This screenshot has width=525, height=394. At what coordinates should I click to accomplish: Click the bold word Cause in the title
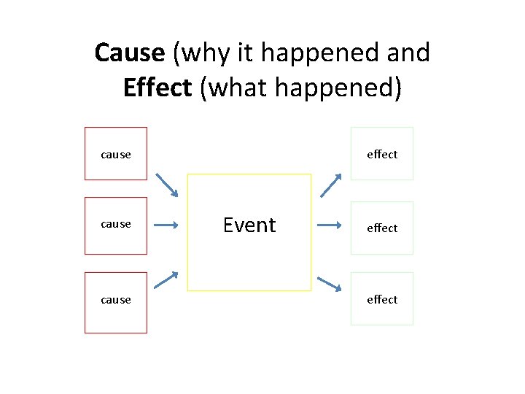click(130, 53)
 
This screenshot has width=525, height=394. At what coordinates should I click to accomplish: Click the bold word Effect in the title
click(157, 88)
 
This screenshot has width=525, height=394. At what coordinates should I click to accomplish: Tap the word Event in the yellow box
click(249, 225)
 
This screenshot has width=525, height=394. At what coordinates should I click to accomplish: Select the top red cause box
click(116, 153)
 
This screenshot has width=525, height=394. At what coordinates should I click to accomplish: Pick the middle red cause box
click(116, 225)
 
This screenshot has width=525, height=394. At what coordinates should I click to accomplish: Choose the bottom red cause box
click(116, 302)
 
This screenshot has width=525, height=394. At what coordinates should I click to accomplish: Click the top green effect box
click(382, 153)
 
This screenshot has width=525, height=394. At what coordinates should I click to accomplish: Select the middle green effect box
click(382, 228)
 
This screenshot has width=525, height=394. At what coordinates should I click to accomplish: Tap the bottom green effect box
click(382, 298)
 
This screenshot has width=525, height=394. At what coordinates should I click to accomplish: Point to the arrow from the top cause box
click(166, 185)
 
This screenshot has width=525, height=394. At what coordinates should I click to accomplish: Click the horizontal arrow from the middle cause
click(166, 225)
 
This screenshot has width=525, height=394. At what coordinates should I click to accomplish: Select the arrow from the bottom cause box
click(166, 280)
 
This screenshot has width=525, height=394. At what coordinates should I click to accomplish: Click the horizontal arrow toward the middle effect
click(329, 225)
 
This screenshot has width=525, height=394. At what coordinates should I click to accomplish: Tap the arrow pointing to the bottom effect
click(329, 284)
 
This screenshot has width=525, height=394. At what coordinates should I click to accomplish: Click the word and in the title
click(409, 53)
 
